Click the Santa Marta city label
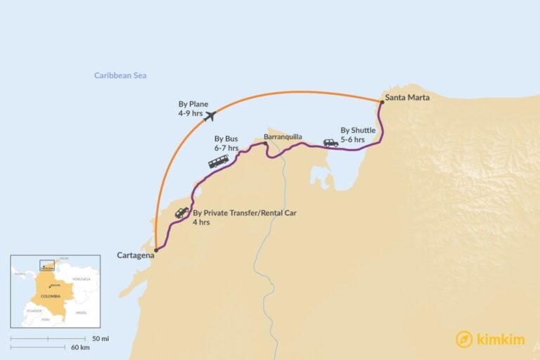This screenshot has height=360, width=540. point(408,98)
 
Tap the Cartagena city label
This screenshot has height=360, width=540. point(136,255)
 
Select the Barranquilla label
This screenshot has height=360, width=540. point(283,137)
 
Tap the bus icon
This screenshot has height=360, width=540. point(218,162)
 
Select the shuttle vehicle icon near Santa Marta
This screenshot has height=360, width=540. point(330,143)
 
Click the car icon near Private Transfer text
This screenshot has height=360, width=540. point(181,212)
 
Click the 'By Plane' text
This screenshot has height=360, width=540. point(193,104)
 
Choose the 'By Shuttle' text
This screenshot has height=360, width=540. point(358,130)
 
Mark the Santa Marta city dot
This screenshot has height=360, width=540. point(382,102)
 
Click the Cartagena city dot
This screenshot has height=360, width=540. point(155,250)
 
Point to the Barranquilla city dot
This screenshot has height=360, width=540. point(265,143)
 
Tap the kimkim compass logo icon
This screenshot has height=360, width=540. point(463,339)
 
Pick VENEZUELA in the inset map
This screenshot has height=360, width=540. point(82,279)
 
